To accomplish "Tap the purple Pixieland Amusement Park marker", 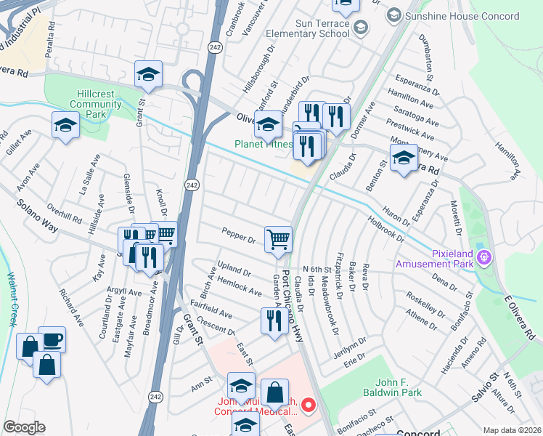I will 486,257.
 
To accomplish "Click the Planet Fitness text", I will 263,144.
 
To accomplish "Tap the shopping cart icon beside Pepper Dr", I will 278,239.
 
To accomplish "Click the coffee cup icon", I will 52,339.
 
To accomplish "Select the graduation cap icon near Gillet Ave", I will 65,125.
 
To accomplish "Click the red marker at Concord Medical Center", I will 309,404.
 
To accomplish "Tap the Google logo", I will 24,427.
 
